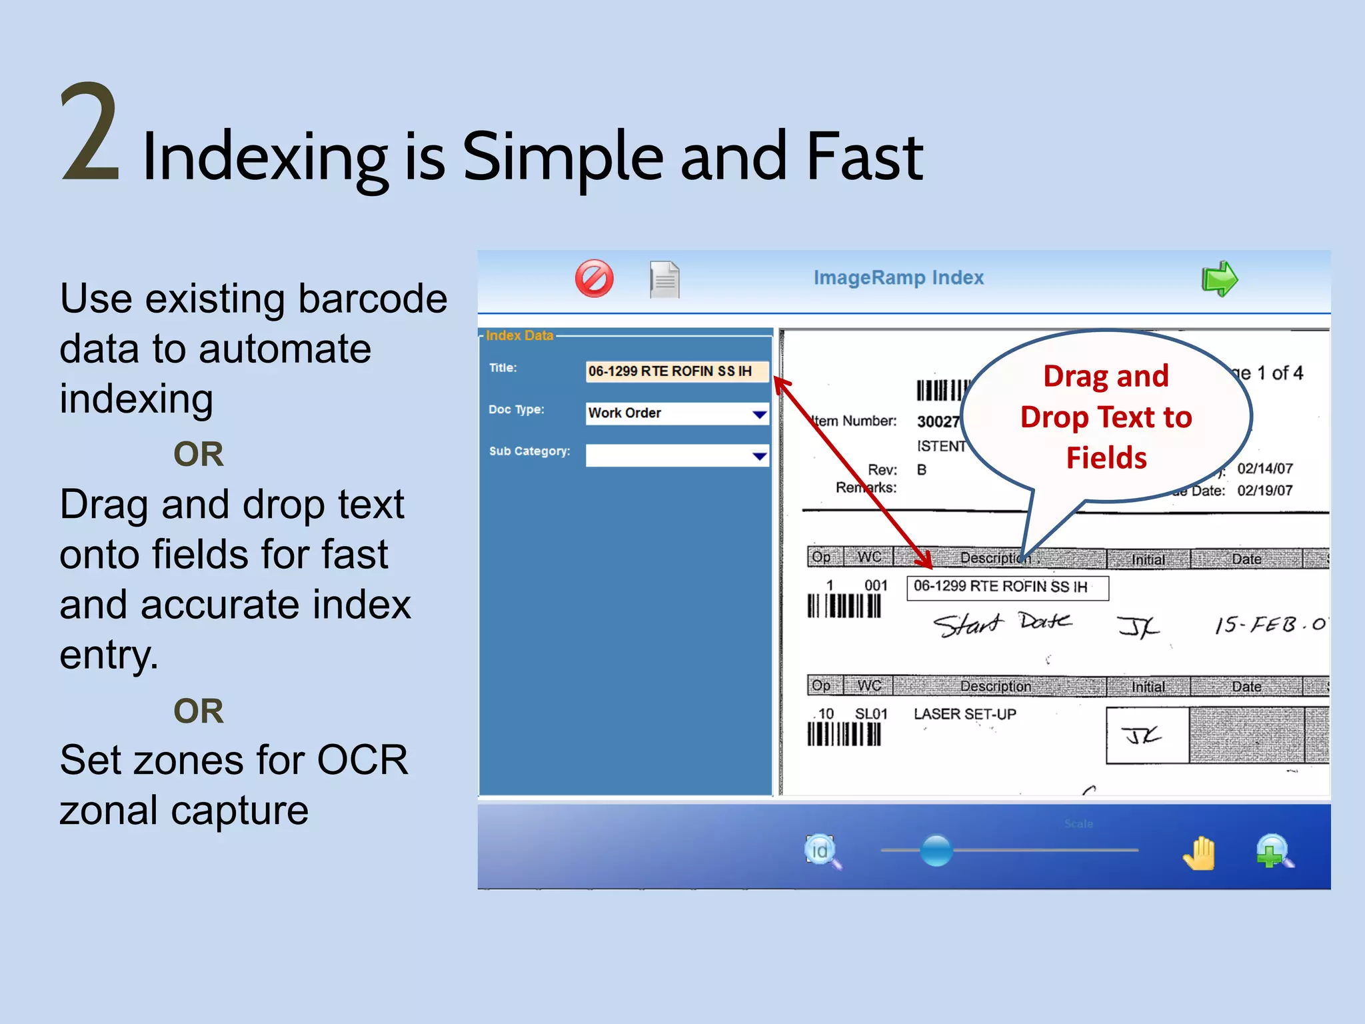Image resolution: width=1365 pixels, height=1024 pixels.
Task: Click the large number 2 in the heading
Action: click(90, 133)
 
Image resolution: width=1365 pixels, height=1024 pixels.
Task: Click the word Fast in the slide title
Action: click(864, 156)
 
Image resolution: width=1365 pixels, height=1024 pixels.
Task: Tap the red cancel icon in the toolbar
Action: click(594, 279)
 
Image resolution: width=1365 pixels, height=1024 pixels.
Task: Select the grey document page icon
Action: click(665, 279)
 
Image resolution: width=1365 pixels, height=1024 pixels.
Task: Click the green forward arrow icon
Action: click(1219, 279)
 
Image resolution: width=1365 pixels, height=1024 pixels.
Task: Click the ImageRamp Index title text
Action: click(898, 277)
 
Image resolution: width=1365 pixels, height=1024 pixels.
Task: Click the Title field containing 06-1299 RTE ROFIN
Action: click(677, 371)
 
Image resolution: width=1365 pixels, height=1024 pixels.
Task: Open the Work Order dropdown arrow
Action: click(759, 414)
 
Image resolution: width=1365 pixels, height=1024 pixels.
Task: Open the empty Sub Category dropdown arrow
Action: click(759, 456)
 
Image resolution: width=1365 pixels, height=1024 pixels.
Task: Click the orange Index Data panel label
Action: click(519, 335)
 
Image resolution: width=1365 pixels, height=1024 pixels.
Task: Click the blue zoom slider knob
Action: click(936, 850)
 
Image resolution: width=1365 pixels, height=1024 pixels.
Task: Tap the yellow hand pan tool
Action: click(1200, 853)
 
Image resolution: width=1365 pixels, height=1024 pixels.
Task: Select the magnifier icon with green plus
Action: click(1274, 852)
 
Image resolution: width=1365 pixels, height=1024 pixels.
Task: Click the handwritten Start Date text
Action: click(1002, 624)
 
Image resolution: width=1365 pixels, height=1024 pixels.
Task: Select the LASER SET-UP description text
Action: click(964, 714)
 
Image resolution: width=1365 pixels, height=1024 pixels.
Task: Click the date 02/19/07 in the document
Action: click(1264, 491)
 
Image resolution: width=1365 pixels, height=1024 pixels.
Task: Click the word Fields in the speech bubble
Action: click(1106, 458)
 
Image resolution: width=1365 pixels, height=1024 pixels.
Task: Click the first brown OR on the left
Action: click(199, 454)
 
